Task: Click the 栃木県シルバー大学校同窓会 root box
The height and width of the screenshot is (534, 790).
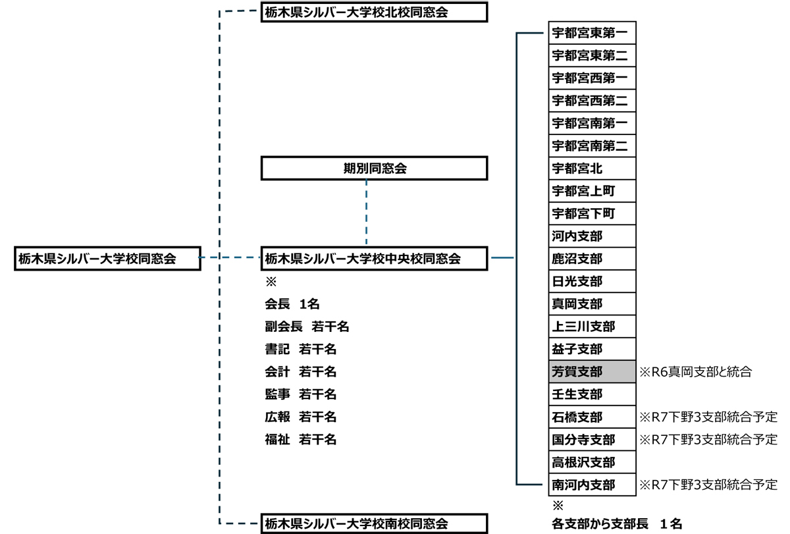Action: (x=107, y=259)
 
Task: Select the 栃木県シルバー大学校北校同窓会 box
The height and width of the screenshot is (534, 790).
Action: (x=375, y=12)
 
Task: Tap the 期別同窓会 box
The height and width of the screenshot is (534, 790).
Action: (x=375, y=168)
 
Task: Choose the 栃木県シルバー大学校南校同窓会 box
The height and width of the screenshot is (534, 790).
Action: (x=375, y=524)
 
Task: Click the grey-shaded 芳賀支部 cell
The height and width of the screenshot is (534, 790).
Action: (x=592, y=372)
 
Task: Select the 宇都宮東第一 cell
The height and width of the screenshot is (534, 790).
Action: (x=592, y=33)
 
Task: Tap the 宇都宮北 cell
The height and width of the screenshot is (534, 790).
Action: (x=592, y=169)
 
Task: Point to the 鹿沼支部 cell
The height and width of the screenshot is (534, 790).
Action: (x=592, y=259)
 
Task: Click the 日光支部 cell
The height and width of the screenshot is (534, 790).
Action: (x=592, y=282)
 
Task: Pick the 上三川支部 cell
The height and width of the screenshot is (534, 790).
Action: (x=592, y=327)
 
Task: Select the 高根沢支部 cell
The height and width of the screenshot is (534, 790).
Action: (x=592, y=462)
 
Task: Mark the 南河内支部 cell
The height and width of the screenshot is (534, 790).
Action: (x=592, y=485)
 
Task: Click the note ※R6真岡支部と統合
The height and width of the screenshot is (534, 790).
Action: (x=695, y=372)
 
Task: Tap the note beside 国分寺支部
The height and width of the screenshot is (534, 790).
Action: (x=708, y=440)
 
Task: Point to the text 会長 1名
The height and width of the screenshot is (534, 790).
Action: (x=292, y=304)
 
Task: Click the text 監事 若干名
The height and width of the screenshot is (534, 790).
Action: (x=300, y=394)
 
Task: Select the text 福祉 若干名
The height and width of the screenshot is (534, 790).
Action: (x=300, y=440)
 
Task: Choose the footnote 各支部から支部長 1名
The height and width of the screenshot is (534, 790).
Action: (x=617, y=525)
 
